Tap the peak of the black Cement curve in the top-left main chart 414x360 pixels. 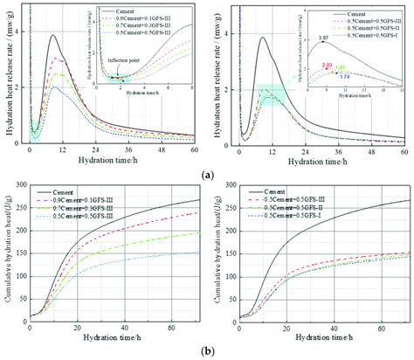coord(53,36)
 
